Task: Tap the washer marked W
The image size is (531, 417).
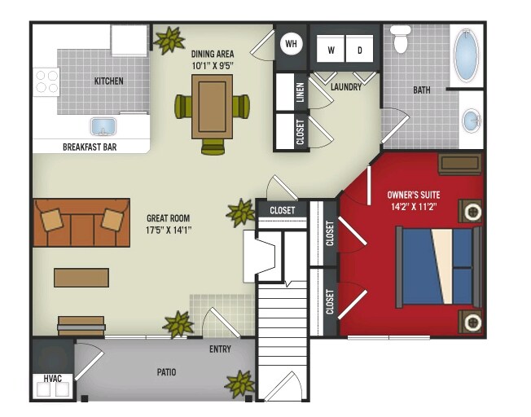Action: [x=331, y=49]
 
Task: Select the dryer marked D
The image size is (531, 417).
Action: [x=359, y=49]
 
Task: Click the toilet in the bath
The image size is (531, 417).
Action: [x=400, y=40]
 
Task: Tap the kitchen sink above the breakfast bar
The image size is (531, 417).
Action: [x=103, y=127]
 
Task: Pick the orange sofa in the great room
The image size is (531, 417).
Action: [x=81, y=222]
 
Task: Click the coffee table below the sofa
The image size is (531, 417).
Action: [x=81, y=277]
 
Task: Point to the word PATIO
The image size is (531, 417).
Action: [x=167, y=373]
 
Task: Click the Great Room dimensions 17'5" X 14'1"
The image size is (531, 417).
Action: [x=169, y=230]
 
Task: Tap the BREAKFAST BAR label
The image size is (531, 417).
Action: [x=90, y=147]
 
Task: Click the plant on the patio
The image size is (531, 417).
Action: [x=240, y=382]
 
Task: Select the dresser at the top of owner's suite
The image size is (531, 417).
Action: [x=460, y=164]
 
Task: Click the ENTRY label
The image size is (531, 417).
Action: [x=220, y=349]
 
